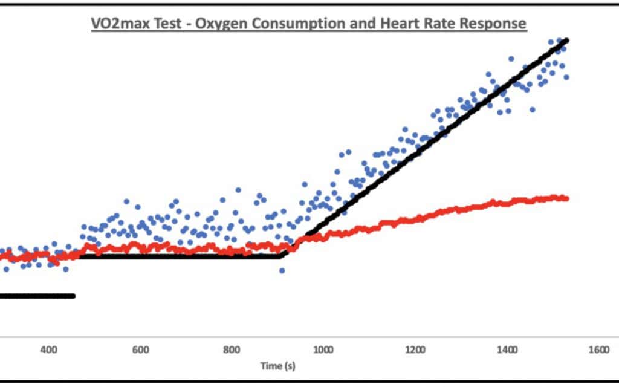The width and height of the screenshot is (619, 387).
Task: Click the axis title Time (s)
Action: [277, 366]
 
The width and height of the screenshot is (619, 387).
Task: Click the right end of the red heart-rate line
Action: [566, 198]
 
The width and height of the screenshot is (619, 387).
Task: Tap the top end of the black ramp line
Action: [566, 40]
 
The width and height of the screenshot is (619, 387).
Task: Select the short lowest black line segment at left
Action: [36, 296]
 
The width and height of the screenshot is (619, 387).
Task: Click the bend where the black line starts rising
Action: [282, 256]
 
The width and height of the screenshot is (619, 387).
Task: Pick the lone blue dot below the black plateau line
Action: [282, 270]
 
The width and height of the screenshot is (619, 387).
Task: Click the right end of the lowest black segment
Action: [73, 296]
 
